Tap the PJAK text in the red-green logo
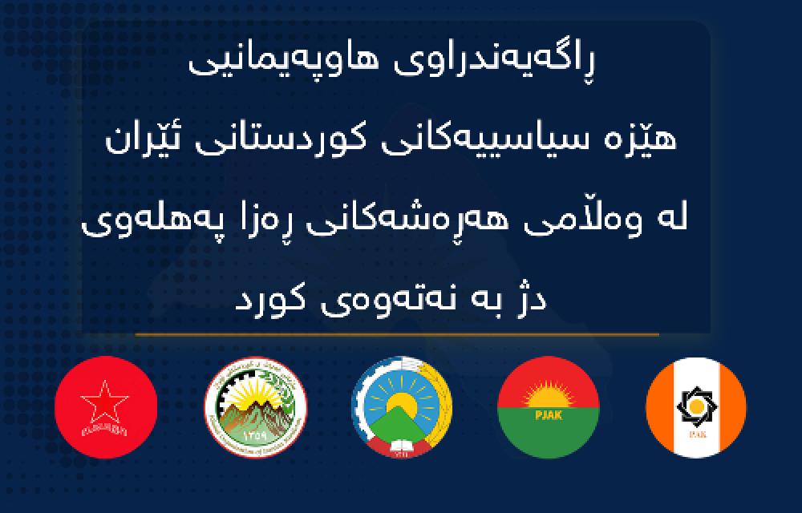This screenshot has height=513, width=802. [x=549, y=414]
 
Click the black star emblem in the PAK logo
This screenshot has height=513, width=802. [x=695, y=406]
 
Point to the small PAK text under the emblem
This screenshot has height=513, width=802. [x=695, y=436]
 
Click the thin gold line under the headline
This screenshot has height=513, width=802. [x=397, y=333]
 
